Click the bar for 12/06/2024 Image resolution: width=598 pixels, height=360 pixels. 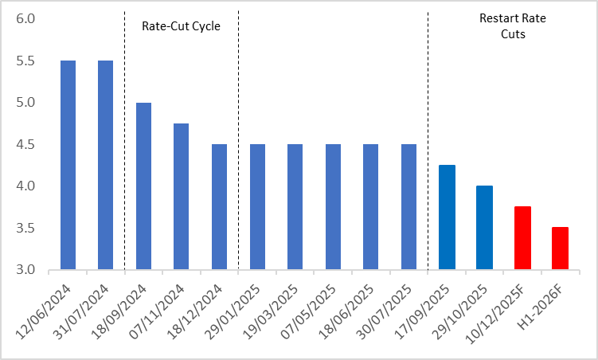(68, 165)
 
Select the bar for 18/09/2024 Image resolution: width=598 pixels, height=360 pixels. (143, 186)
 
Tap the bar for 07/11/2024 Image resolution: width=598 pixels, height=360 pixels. (182, 197)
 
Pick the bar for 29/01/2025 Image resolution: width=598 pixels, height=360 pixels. (257, 207)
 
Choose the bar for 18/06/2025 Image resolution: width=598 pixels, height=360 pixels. (371, 207)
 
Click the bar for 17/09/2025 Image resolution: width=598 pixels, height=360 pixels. (447, 217)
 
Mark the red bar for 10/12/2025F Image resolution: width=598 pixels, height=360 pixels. (522, 238)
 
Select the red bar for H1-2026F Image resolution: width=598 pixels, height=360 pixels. (560, 248)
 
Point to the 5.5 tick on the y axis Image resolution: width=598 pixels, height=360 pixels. (26, 61)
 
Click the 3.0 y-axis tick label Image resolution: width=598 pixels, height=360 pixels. (26, 270)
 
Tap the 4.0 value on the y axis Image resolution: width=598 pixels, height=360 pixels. (26, 186)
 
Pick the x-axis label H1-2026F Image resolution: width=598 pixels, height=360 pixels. (553, 307)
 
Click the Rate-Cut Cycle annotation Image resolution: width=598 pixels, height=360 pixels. (181, 25)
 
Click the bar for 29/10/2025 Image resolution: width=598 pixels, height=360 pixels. (484, 228)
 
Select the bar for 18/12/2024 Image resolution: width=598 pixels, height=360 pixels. (219, 207)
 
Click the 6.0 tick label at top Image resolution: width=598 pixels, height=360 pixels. (26, 18)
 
